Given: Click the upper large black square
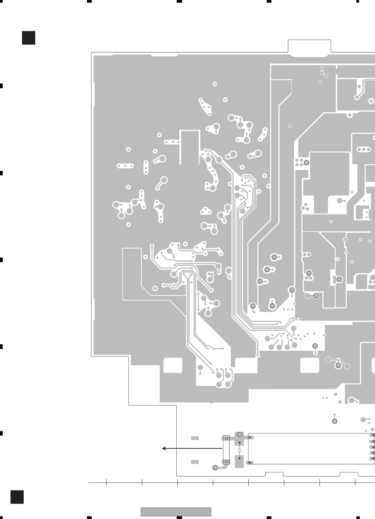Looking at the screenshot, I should coord(28,38).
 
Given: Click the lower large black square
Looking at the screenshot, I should coord(17,497).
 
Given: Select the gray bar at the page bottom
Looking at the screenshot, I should coord(176,512).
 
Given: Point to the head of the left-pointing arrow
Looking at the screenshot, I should coord(163,448).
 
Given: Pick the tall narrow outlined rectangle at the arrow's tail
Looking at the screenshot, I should coord(226,450).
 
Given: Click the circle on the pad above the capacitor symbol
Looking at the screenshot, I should coord(240,435).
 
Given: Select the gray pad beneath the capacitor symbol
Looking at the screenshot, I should coord(240,462).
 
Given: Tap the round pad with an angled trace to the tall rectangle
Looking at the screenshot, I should coord(215,468).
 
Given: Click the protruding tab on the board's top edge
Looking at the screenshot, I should coord(309,47).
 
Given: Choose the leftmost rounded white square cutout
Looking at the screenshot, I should coord(173,365).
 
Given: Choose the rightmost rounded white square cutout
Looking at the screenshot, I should coord(310,365).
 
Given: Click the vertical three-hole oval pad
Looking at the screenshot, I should coord(146,167).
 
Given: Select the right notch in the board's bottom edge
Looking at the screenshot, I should coord(349,474).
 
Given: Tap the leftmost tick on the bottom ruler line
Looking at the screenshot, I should coord(106,483).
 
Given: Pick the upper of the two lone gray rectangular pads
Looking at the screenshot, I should coord(195,438).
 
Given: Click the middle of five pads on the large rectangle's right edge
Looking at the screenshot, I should coord(372,447).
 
